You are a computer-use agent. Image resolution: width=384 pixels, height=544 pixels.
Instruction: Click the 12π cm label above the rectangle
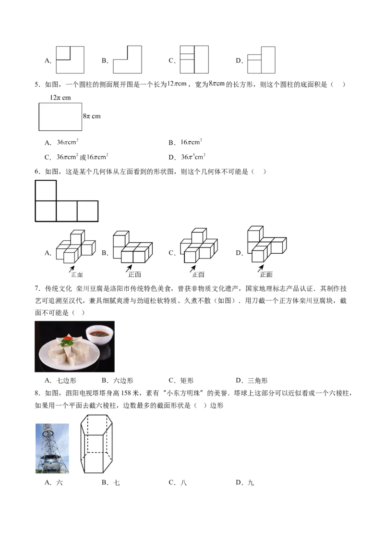click(x=60, y=98)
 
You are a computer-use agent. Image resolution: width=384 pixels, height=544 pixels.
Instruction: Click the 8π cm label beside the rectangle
click(x=92, y=116)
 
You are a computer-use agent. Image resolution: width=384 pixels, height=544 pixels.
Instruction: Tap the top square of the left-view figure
click(x=46, y=190)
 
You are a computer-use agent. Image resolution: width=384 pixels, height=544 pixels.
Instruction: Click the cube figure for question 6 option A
click(x=75, y=246)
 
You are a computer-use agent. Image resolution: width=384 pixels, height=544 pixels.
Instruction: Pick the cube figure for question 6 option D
click(x=267, y=244)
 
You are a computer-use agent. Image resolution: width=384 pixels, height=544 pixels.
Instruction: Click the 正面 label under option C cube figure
click(x=198, y=274)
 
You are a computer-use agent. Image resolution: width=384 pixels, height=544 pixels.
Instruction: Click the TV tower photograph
click(x=52, y=448)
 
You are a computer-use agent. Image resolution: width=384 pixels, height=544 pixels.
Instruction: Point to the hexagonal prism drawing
click(x=96, y=444)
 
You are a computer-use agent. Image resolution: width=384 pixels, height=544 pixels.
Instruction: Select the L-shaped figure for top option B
click(x=127, y=60)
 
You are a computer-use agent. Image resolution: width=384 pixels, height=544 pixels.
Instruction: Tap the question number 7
click(x=37, y=289)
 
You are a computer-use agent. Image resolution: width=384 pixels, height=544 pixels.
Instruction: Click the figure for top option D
click(x=261, y=60)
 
